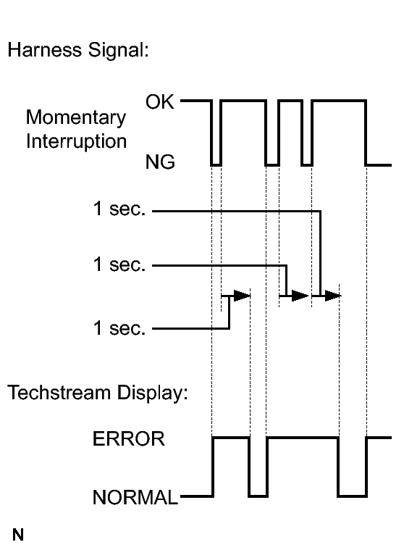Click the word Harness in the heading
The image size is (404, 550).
(x=44, y=49)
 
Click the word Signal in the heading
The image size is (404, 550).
(x=118, y=50)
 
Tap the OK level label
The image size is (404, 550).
(x=159, y=101)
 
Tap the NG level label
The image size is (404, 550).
(x=160, y=162)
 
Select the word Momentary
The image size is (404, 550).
(x=76, y=118)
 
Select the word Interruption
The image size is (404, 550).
(x=77, y=142)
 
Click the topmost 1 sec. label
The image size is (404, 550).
(x=119, y=209)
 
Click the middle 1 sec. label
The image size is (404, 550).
(x=119, y=264)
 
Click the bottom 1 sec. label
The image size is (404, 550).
(x=119, y=329)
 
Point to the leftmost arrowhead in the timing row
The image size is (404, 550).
(x=242, y=296)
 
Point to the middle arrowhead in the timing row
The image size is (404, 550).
(x=300, y=296)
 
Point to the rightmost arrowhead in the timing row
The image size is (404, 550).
(x=333, y=296)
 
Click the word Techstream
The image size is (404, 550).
(x=59, y=392)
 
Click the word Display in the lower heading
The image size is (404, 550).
(x=153, y=393)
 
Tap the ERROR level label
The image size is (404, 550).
(x=129, y=439)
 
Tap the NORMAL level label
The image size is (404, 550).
(x=135, y=497)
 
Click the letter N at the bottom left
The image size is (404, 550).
(x=18, y=535)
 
